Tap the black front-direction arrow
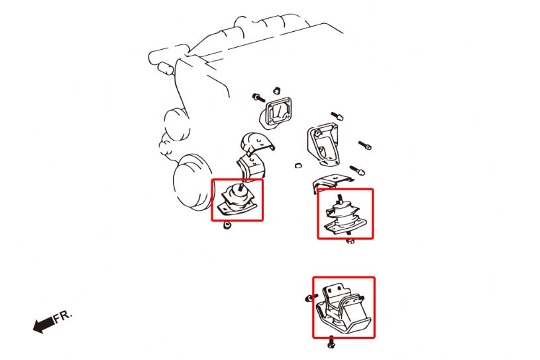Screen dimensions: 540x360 [x=44, y=324]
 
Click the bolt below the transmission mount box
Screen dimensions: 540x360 [x=331, y=342]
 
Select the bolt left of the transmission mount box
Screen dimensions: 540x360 [x=311, y=297]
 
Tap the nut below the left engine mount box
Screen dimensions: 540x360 [x=227, y=225]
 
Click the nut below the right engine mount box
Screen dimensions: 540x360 [x=350, y=241]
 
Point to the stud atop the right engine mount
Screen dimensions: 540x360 [x=339, y=200]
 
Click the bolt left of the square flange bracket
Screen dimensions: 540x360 [x=258, y=97]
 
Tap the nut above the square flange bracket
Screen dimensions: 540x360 [x=276, y=91]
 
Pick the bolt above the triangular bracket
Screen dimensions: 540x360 [x=337, y=116]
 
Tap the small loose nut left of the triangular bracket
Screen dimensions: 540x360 [x=299, y=165]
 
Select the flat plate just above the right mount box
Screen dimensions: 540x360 [x=333, y=182]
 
